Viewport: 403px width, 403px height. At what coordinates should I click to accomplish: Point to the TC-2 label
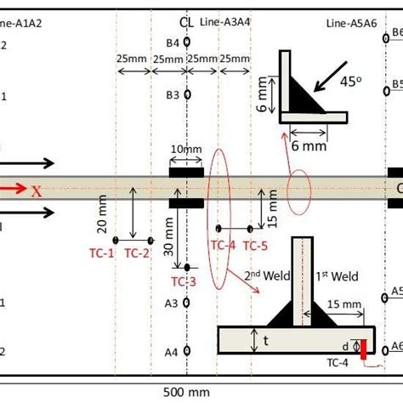[x=137, y=252]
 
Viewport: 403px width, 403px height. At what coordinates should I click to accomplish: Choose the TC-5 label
[x=255, y=246]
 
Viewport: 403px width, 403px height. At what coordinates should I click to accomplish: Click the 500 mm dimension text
[x=186, y=392]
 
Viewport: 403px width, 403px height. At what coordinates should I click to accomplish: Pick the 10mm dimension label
[x=186, y=150]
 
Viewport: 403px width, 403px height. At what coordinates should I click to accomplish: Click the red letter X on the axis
[x=37, y=190]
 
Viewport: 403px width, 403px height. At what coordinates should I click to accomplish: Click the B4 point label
[x=173, y=43]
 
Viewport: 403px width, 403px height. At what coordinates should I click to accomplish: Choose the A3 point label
[x=171, y=303]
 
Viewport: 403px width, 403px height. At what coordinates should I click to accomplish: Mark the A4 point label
[x=171, y=351]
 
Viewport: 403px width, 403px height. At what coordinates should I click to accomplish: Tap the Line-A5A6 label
[x=349, y=21]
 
